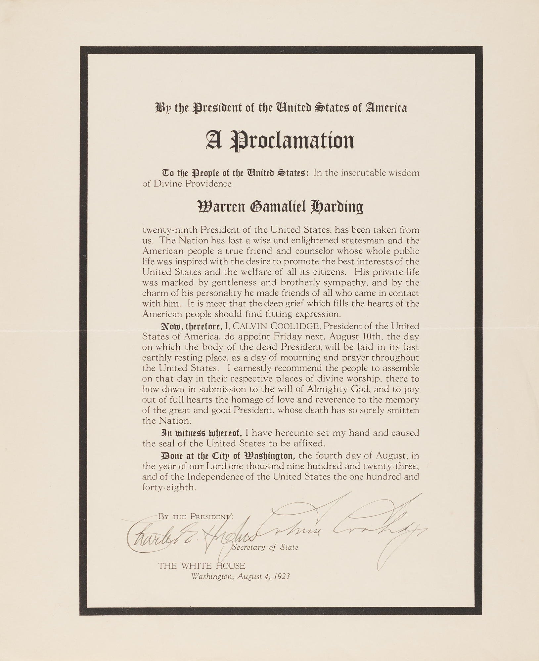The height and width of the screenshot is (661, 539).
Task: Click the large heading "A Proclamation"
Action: click(280, 140)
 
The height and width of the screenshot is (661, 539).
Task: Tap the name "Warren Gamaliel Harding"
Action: click(280, 207)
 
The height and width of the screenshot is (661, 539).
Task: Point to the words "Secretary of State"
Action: click(265, 547)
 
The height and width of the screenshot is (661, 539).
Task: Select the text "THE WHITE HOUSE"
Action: click(202, 566)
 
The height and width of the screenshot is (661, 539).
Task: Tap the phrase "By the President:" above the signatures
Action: click(195, 516)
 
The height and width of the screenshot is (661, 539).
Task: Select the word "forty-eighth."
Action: click(169, 487)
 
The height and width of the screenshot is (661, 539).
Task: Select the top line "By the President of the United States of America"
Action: click(281, 108)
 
